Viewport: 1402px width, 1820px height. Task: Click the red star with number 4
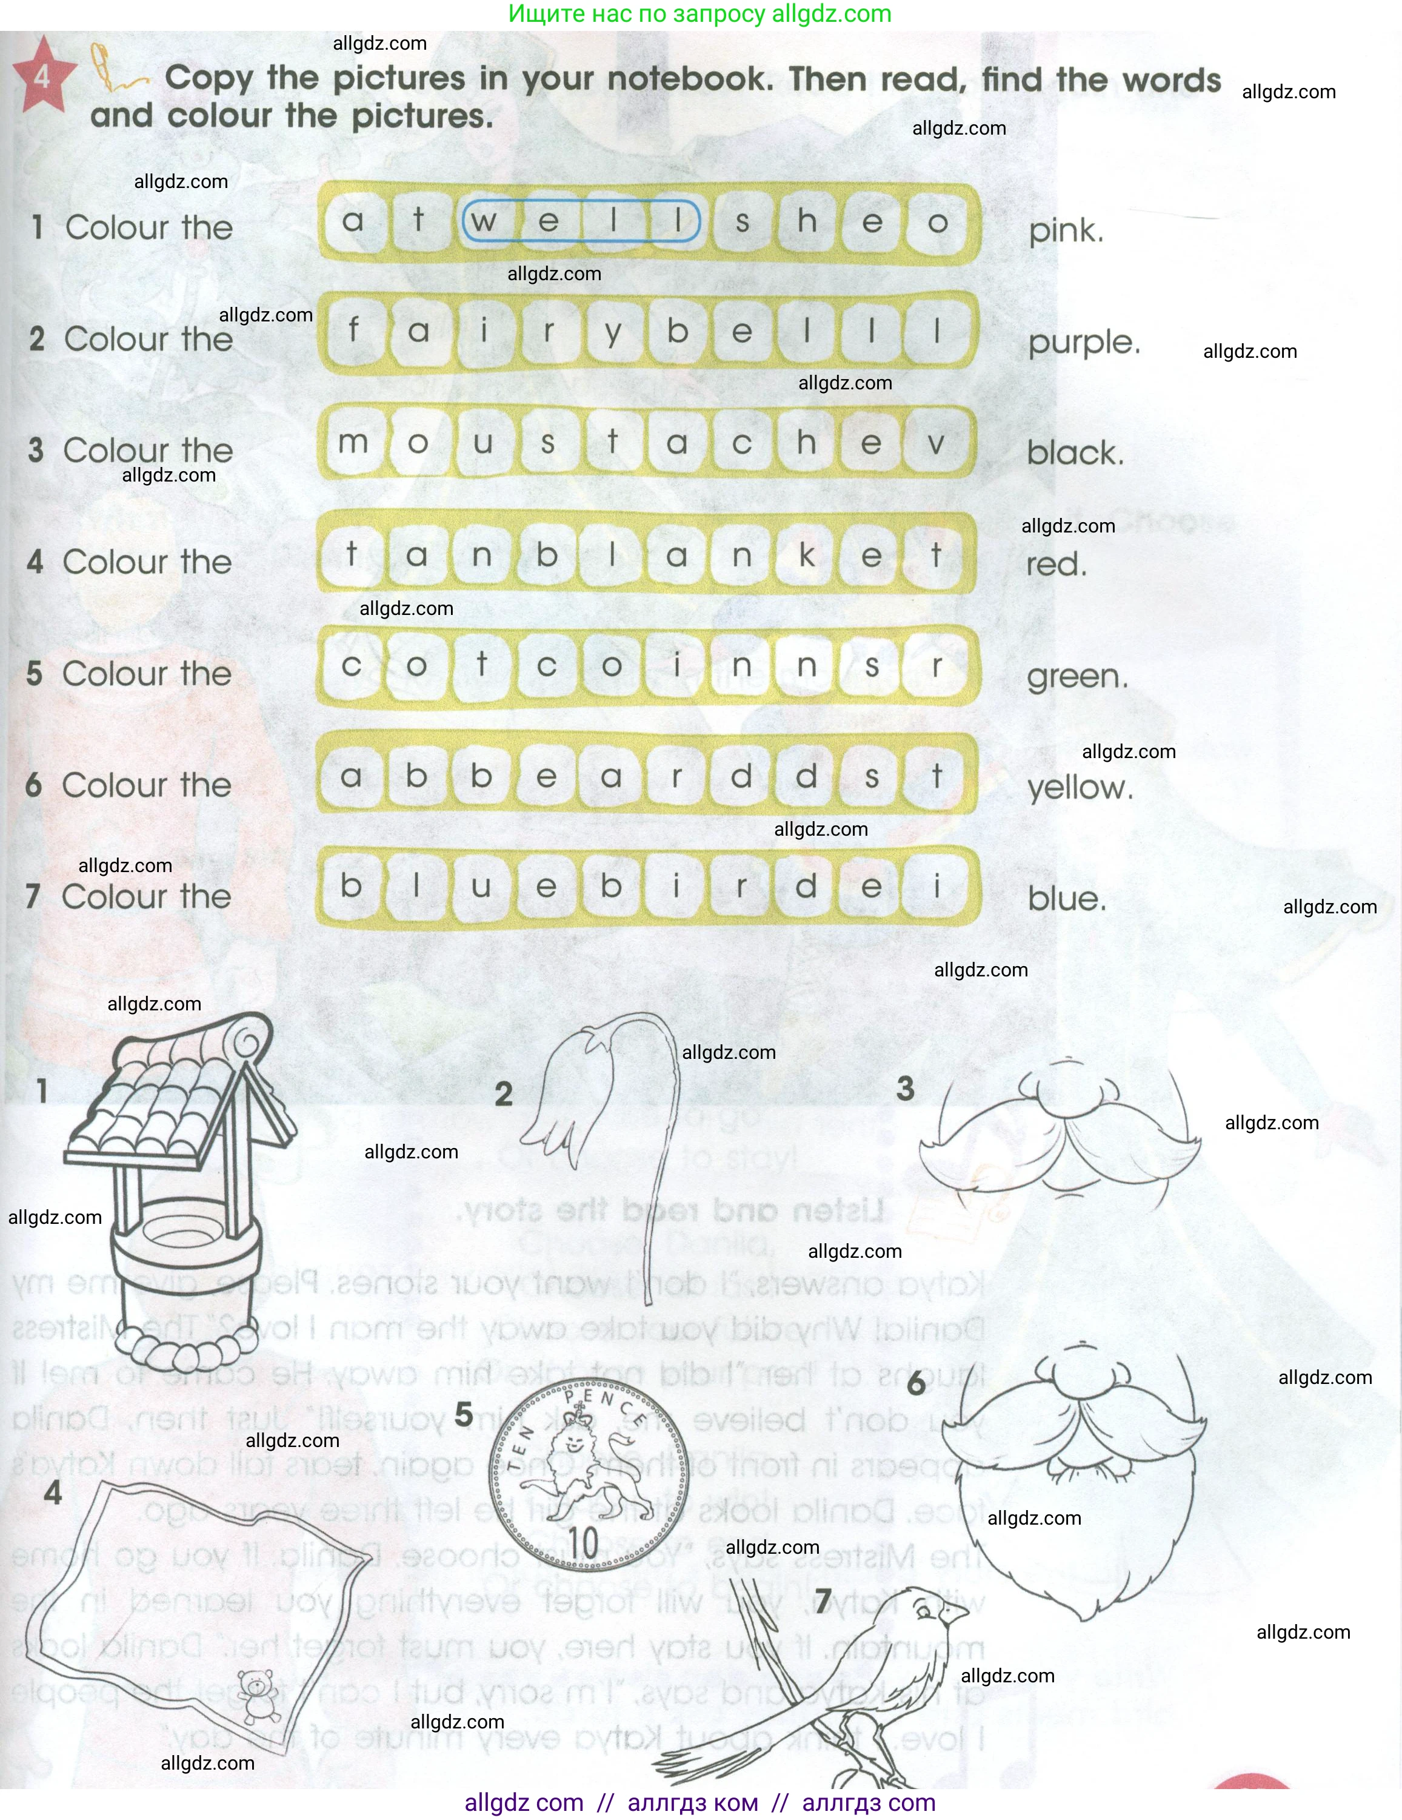coord(42,76)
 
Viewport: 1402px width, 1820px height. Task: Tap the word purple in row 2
coord(1084,341)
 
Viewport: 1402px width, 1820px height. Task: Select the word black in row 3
coord(1075,452)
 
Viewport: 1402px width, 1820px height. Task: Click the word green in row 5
coord(1078,676)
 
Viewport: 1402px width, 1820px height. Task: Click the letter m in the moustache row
coord(353,442)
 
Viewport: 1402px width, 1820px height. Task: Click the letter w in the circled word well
coord(483,221)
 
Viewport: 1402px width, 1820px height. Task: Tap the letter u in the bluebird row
coord(481,886)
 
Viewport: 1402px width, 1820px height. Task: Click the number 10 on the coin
coord(583,1542)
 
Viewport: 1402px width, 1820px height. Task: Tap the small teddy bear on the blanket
coord(259,1691)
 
